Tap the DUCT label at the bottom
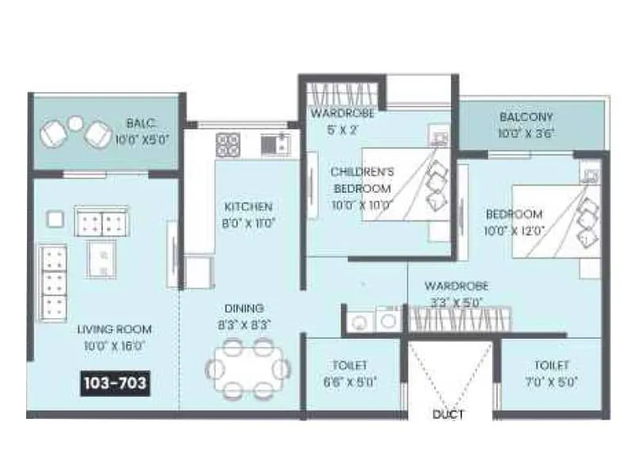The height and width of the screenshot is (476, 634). pos(449,414)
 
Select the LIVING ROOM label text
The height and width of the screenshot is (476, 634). pos(115,329)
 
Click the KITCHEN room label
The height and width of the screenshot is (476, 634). pos(248,207)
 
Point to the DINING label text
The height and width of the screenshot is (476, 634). pos(243,308)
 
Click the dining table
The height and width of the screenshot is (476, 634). pos(247,368)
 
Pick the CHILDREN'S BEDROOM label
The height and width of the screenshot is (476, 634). pos(361,180)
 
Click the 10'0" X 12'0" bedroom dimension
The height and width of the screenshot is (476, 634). pos(514,231)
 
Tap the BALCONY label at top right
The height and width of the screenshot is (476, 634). pos(526,117)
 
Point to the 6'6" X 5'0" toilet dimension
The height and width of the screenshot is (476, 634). pos(349,382)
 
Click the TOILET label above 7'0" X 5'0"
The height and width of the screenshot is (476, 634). pos(552,365)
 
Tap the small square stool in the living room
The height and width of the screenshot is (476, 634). pos(55,218)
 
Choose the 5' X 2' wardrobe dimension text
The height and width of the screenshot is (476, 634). pos(342,130)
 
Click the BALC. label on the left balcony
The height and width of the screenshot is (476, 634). pos(140,123)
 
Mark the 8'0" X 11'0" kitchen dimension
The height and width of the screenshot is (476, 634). pos(248,223)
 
